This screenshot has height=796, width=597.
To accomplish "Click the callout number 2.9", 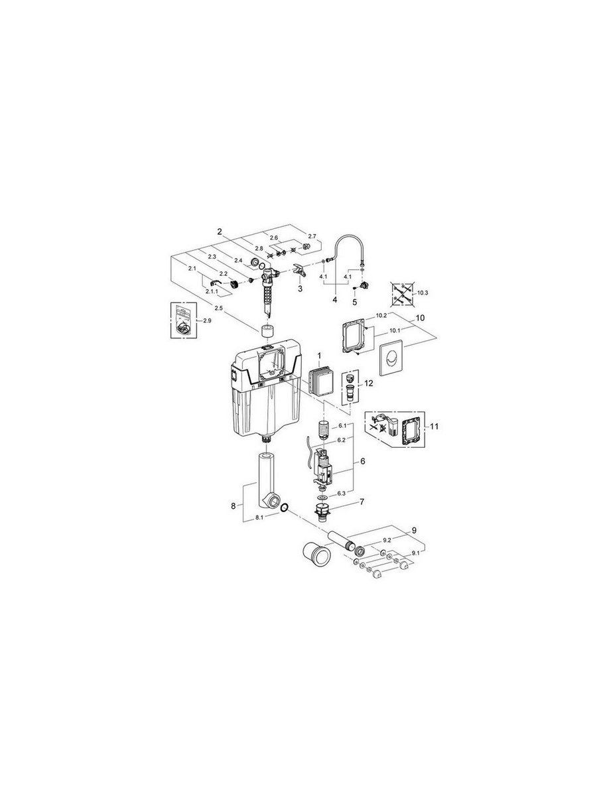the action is tap(207, 321).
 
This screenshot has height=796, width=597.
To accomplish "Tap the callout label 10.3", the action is tap(423, 293).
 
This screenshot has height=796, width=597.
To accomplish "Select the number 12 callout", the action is tap(369, 383).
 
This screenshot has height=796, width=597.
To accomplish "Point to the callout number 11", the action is tap(434, 427).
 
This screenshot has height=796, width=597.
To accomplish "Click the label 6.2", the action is tap(342, 439).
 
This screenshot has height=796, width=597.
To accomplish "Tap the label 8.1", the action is tap(259, 518).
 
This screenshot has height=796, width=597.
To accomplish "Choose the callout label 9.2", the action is tap(387, 540).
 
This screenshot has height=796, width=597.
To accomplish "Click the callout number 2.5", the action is tap(219, 308).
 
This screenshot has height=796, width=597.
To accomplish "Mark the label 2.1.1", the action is tap(212, 291).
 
